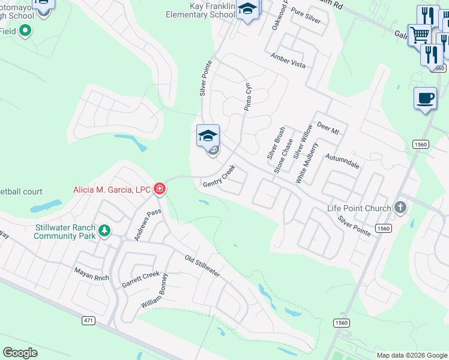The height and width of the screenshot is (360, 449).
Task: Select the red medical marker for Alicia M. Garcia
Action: [160, 190]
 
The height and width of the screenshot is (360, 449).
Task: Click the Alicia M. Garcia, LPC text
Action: [112, 190]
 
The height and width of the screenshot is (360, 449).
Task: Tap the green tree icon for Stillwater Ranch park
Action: [104, 230]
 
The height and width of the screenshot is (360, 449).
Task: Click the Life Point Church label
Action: [359, 208]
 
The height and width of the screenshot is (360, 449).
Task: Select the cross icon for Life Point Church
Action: [401, 208]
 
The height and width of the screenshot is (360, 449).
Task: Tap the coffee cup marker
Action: [425, 98]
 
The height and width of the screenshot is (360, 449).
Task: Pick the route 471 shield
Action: [88, 321]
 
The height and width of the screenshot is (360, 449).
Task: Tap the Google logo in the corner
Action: [20, 352]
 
